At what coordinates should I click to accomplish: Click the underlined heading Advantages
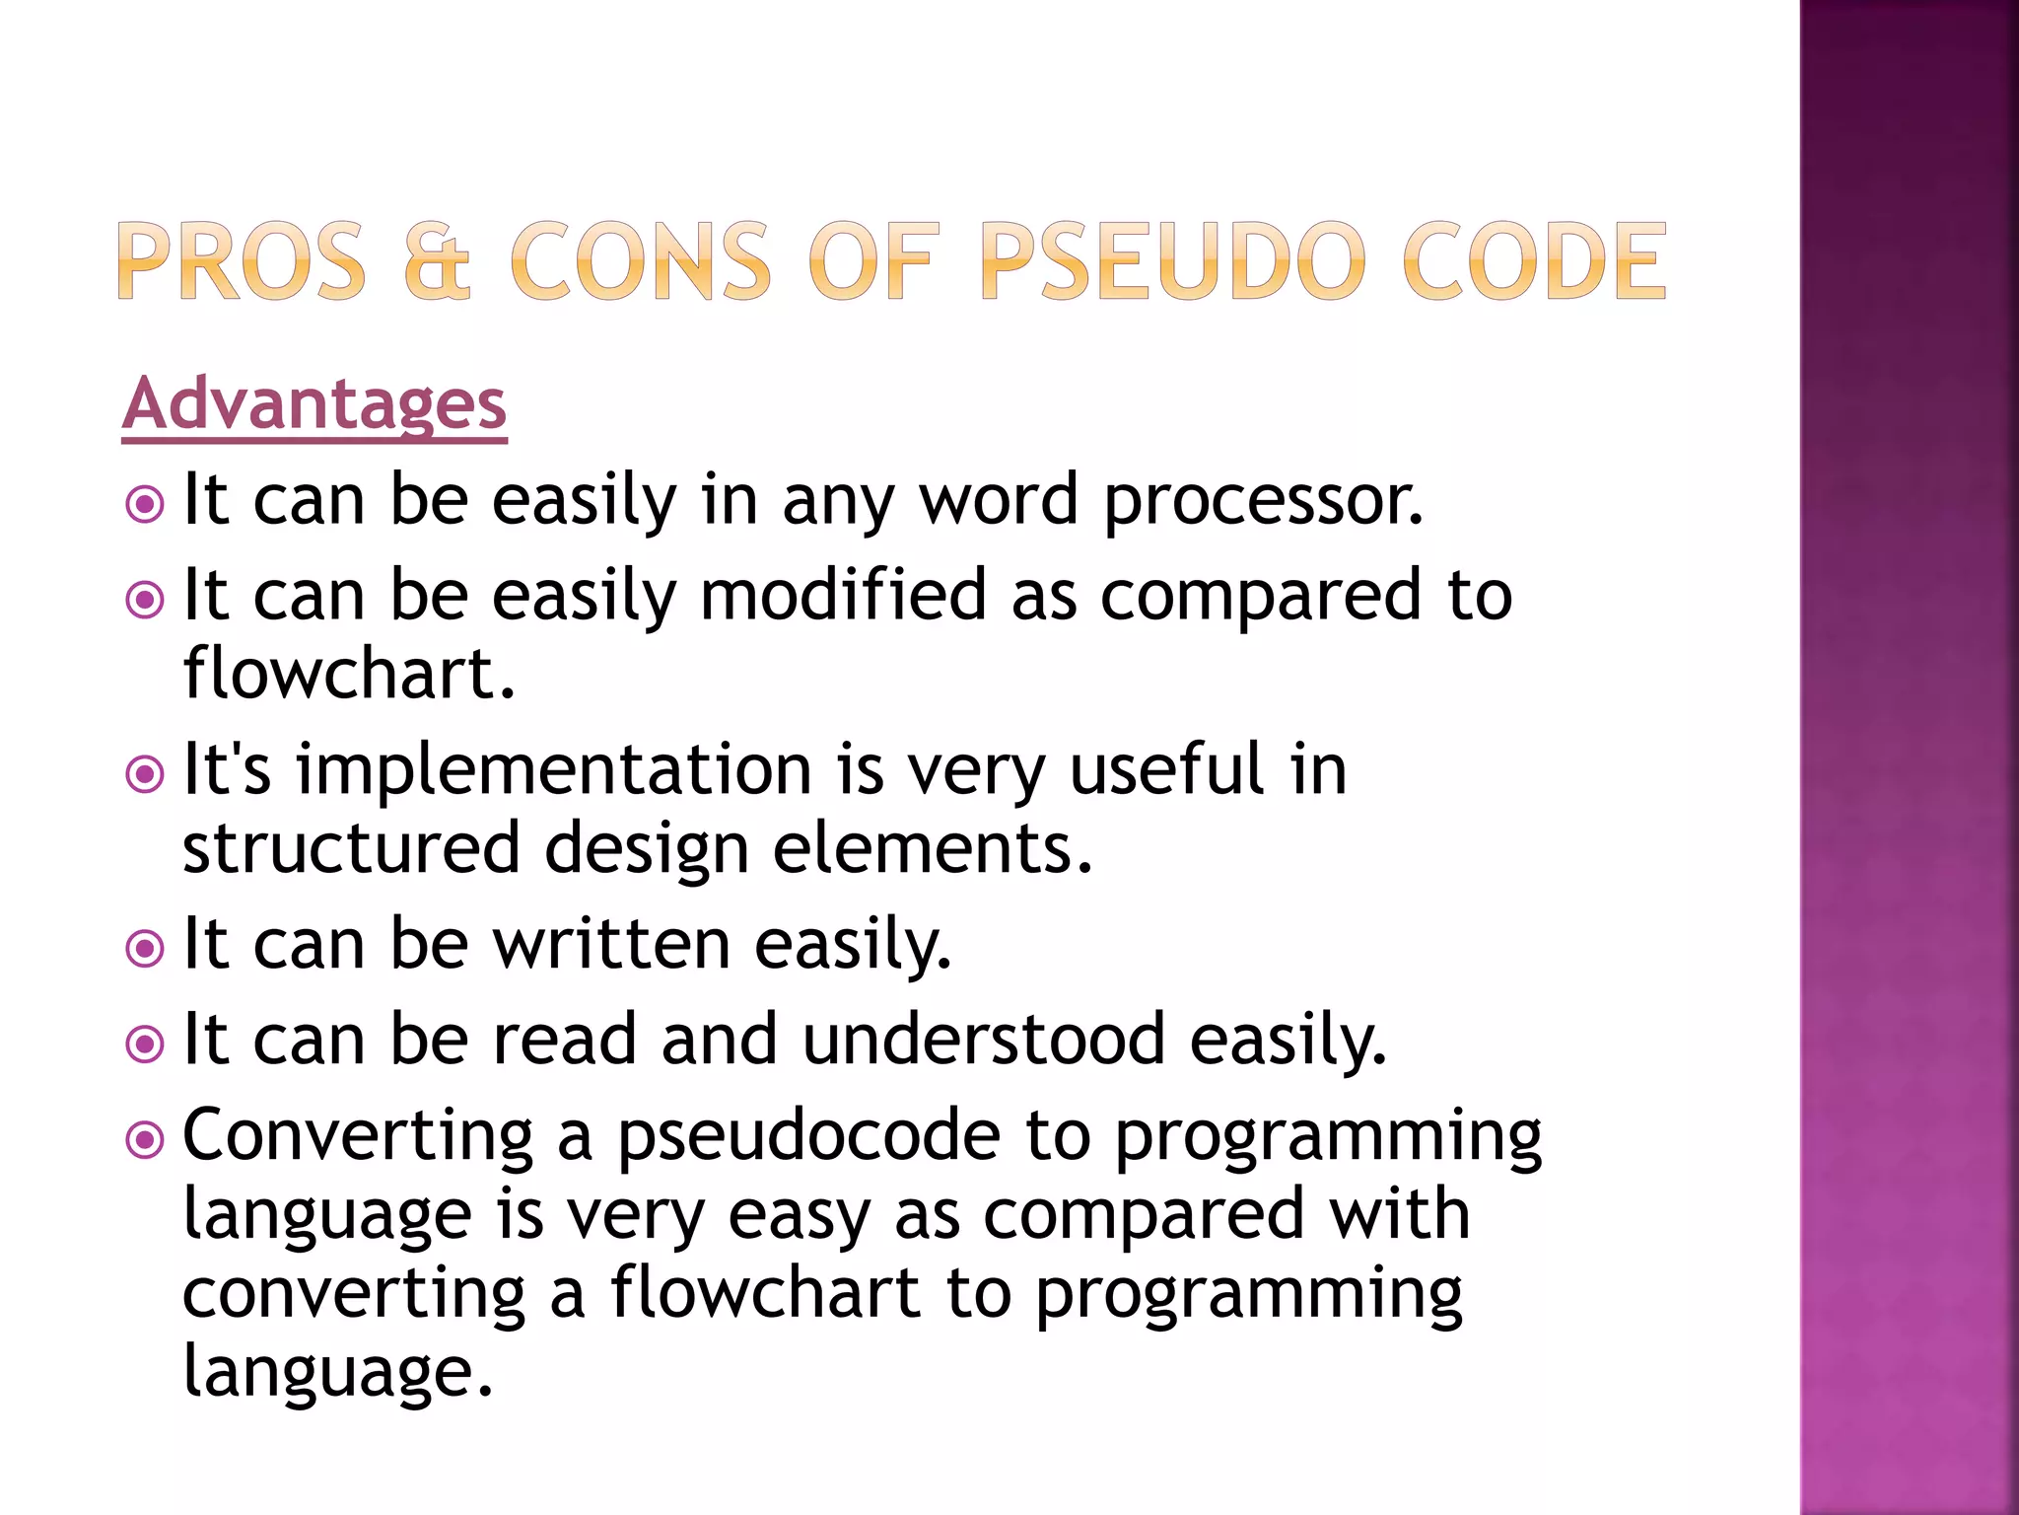(313, 404)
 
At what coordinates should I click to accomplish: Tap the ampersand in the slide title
(438, 261)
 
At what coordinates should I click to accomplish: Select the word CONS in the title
(640, 261)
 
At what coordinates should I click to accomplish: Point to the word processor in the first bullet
(1263, 501)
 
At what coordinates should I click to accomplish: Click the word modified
(843, 596)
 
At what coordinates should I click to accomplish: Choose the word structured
(351, 848)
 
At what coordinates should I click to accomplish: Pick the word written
(611, 944)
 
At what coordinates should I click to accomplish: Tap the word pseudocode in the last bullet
(808, 1136)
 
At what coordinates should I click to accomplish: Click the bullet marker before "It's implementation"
(145, 774)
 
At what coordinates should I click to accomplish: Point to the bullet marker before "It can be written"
(145, 949)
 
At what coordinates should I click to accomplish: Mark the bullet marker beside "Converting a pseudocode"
(145, 1141)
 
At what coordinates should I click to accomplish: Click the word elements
(933, 848)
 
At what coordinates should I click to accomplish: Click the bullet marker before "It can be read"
(145, 1045)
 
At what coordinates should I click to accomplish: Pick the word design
(647, 848)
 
